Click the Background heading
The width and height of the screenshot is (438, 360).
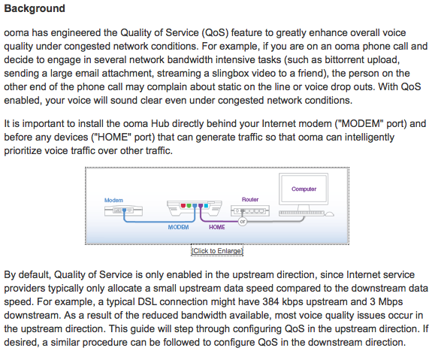(35, 9)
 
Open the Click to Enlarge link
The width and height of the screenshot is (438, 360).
(217, 251)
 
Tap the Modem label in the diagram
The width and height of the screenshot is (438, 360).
(113, 200)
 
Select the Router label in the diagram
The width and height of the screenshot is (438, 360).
(250, 199)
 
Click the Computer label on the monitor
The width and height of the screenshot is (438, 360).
(304, 189)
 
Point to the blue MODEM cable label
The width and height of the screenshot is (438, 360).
(178, 227)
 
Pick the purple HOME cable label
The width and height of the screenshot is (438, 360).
(217, 227)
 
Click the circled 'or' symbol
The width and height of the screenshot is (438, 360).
(243, 222)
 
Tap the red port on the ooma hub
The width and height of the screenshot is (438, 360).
(183, 206)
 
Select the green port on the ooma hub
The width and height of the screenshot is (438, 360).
(189, 206)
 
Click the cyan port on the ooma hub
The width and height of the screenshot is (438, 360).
(206, 206)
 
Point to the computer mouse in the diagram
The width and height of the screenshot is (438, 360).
(330, 214)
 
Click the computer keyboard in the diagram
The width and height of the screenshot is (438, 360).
(301, 213)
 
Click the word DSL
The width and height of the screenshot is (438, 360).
(147, 302)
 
